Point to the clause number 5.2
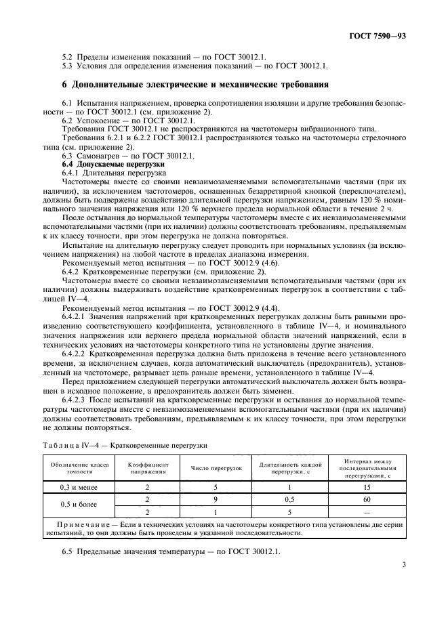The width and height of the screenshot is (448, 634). point(66,58)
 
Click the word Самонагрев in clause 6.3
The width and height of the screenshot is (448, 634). point(101,156)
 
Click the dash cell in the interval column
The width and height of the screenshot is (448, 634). point(367,513)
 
